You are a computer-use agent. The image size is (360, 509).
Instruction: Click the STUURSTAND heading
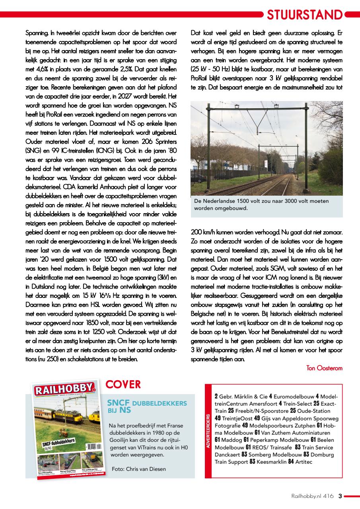pos(304,15)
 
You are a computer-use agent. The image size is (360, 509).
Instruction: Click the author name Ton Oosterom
pos(324,368)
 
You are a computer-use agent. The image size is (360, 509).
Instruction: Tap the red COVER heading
pos(123,385)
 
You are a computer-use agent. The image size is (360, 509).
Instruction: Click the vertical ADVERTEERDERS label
pos(208,431)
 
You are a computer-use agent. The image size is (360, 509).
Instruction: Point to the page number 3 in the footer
pos(340,496)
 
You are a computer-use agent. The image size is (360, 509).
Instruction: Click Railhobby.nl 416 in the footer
pos(312,496)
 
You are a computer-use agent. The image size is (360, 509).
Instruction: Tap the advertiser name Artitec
pos(304,462)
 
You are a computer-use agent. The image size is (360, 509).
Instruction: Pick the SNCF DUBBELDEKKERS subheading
pos(147,403)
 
